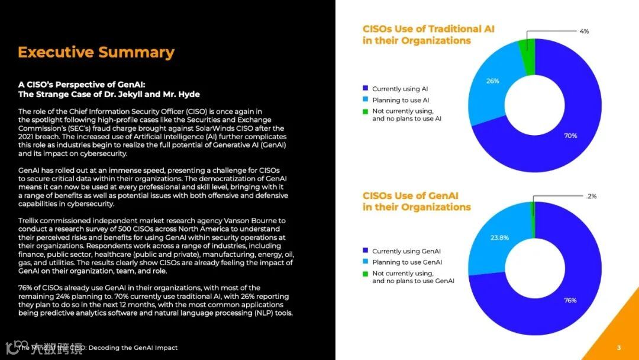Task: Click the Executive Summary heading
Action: (x=96, y=52)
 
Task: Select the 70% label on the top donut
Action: (x=570, y=136)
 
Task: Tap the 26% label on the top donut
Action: (x=492, y=81)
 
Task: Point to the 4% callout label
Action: (x=584, y=31)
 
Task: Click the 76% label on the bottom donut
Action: (x=570, y=300)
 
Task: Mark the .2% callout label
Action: (x=591, y=196)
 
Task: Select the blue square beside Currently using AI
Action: (x=366, y=89)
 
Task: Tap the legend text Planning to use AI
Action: (x=401, y=100)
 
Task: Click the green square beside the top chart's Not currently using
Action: (x=366, y=111)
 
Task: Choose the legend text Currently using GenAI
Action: (x=406, y=251)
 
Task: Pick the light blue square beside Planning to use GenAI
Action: (x=366, y=262)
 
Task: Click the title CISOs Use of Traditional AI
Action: (x=428, y=29)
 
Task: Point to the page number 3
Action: (x=619, y=348)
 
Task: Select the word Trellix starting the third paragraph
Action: (x=30, y=221)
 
